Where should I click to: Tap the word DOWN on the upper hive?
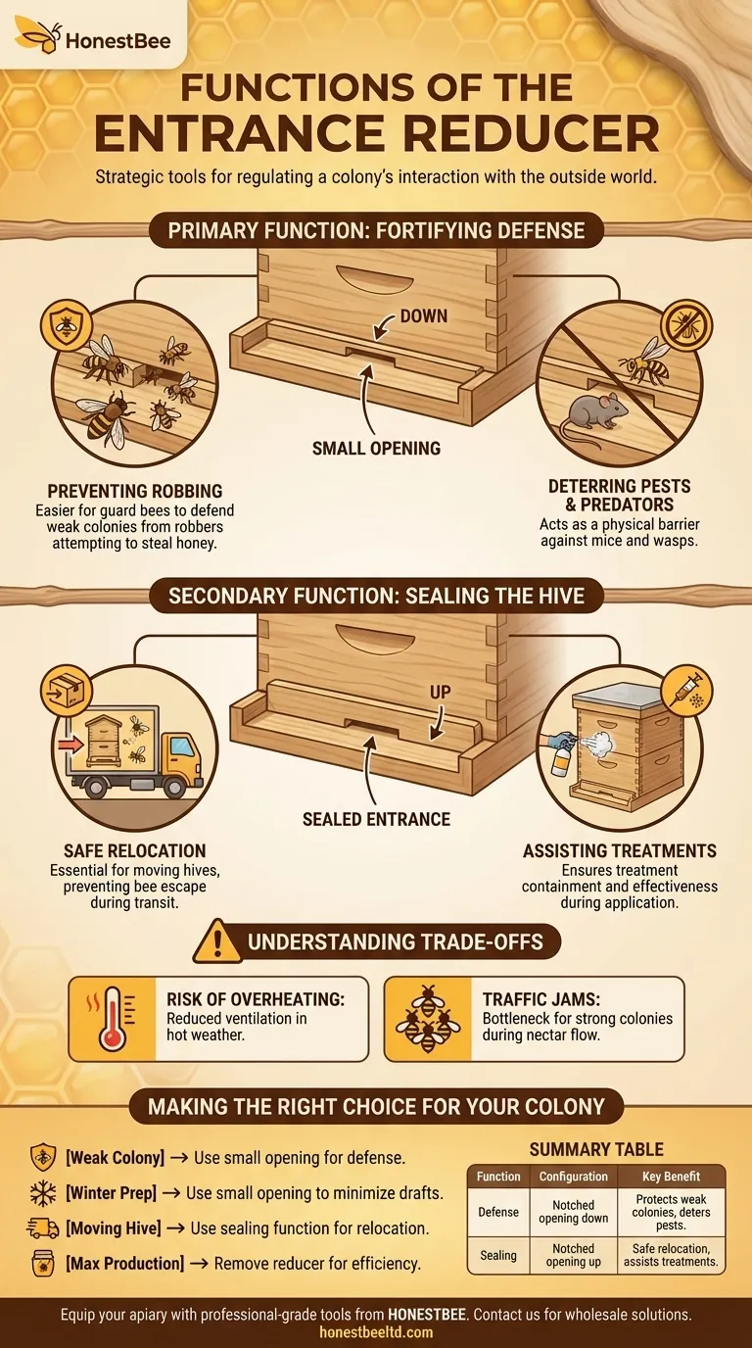(x=423, y=315)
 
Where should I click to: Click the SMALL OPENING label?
(x=376, y=449)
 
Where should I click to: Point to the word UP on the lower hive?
(x=441, y=692)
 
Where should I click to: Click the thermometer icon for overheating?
(x=111, y=1018)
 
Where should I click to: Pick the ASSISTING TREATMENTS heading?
(x=620, y=850)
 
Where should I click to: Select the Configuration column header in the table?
(x=573, y=1177)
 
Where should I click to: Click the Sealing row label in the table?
(x=498, y=1255)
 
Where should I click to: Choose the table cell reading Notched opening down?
(x=573, y=1212)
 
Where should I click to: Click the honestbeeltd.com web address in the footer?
(x=376, y=1332)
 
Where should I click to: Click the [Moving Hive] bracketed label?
(x=124, y=1228)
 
